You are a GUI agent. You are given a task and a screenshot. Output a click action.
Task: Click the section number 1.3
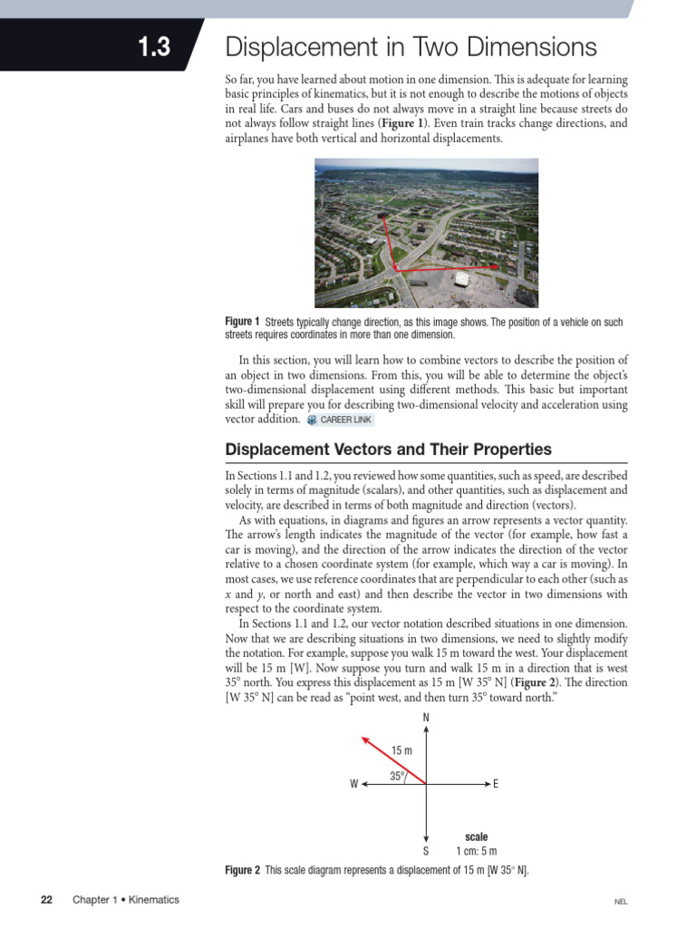[154, 48]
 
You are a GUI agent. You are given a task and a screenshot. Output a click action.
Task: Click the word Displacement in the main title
[300, 47]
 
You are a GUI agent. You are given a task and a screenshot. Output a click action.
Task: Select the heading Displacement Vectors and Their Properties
[388, 449]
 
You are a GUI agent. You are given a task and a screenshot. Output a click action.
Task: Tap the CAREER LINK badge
[340, 420]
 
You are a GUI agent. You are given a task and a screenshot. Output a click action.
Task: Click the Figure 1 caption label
[242, 322]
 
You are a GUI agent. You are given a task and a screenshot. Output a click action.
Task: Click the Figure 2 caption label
[242, 870]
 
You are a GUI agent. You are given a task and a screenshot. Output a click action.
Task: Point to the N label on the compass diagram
[426, 719]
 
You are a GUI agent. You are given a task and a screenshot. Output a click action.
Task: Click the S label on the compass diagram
[426, 852]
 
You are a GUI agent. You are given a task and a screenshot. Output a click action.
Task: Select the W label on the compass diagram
[353, 784]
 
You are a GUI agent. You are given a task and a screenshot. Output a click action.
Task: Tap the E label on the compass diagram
[496, 784]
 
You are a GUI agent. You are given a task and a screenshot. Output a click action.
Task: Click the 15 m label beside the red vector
[401, 750]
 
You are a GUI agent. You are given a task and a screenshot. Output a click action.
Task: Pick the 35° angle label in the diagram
[397, 776]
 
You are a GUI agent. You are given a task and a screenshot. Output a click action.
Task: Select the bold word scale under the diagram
[476, 836]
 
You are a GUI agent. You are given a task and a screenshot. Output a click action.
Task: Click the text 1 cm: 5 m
[476, 852]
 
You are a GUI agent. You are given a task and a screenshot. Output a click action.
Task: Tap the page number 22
[47, 900]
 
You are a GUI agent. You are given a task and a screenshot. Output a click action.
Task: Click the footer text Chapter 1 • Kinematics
[126, 900]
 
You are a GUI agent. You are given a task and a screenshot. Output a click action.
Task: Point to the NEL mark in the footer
[621, 902]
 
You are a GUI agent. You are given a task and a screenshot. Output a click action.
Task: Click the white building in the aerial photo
[462, 278]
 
